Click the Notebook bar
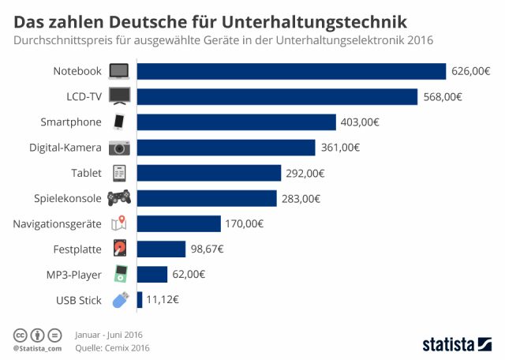[292, 71]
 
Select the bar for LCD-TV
[277, 96]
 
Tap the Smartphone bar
[237, 122]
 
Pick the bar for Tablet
[209, 173]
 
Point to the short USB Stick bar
[140, 300]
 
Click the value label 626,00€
[471, 71]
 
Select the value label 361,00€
[340, 148]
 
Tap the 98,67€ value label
[208, 249]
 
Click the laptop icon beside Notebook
[119, 71]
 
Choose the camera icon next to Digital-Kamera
[119, 148]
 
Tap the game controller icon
[119, 198]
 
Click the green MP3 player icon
[119, 274]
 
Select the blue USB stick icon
[120, 300]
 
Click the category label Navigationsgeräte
[57, 224]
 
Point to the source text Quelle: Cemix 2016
[112, 347]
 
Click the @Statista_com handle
[37, 348]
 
